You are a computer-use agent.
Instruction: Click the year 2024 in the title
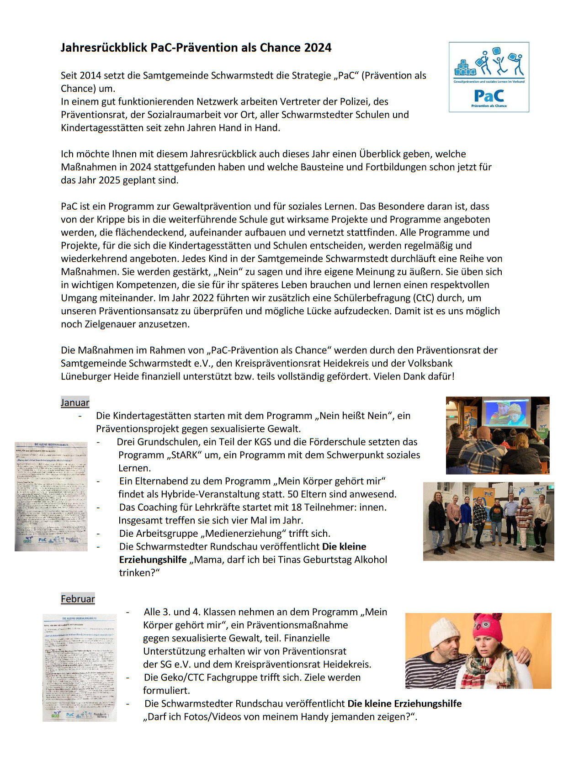click(318, 48)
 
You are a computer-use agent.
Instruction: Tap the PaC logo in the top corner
click(489, 77)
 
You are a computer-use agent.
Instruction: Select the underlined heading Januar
click(75, 402)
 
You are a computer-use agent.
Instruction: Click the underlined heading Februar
click(78, 599)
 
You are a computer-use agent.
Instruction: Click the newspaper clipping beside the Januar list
click(51, 496)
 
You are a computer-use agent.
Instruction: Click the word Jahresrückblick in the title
click(104, 48)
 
